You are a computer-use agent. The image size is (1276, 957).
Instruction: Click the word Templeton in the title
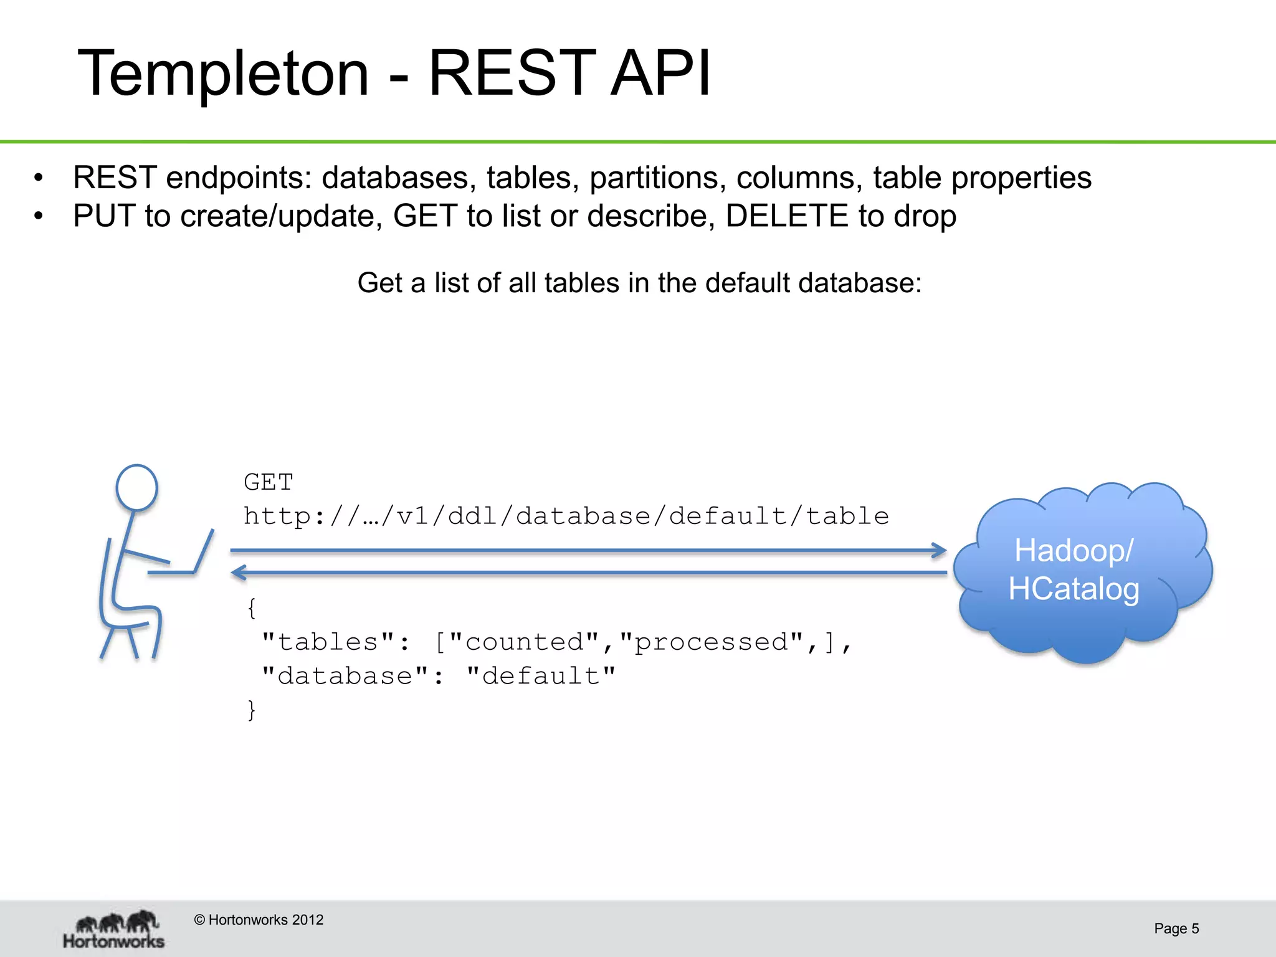pyautogui.click(x=223, y=74)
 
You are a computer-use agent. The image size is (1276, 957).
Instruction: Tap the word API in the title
pyautogui.click(x=660, y=74)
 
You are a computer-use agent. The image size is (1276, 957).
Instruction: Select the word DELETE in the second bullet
pyautogui.click(x=786, y=216)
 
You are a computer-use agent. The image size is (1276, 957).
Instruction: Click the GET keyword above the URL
pyautogui.click(x=268, y=482)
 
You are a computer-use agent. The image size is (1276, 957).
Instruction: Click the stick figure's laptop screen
pyautogui.click(x=204, y=551)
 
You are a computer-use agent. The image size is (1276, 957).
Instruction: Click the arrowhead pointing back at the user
pyautogui.click(x=238, y=572)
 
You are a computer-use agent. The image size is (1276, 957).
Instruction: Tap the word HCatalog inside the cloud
pyautogui.click(x=1074, y=589)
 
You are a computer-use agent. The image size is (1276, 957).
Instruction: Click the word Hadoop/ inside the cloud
pyautogui.click(x=1074, y=551)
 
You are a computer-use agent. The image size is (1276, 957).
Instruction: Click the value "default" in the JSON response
pyautogui.click(x=541, y=676)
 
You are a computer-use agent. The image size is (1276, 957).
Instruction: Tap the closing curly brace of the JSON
pyautogui.click(x=252, y=710)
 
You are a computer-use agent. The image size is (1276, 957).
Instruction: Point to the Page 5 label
pyautogui.click(x=1176, y=928)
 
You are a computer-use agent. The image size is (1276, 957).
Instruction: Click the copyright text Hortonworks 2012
pyautogui.click(x=259, y=920)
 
